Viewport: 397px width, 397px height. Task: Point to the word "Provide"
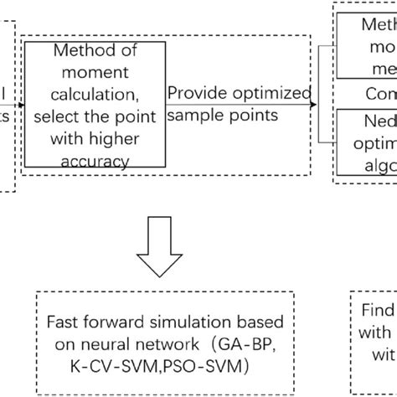click(x=196, y=93)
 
